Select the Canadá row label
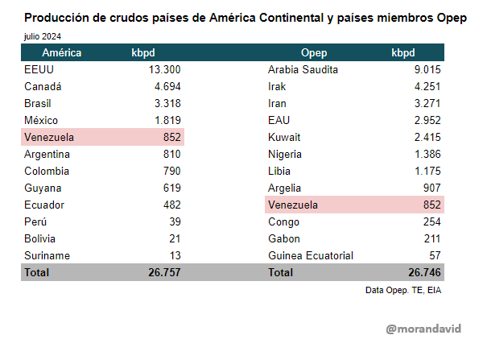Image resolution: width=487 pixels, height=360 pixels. [43, 86]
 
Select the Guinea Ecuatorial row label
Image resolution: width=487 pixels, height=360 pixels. [310, 255]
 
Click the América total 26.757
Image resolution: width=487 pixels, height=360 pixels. [164, 272]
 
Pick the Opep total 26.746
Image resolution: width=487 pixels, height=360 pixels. [424, 272]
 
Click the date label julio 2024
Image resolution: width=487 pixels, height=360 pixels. [42, 36]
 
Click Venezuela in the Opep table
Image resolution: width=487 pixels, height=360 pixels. [292, 205]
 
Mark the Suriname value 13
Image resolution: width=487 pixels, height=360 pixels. [174, 255]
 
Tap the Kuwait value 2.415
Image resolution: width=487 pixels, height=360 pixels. [427, 137]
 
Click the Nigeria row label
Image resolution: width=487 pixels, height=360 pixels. [285, 154]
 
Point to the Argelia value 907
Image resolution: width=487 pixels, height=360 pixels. [431, 188]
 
